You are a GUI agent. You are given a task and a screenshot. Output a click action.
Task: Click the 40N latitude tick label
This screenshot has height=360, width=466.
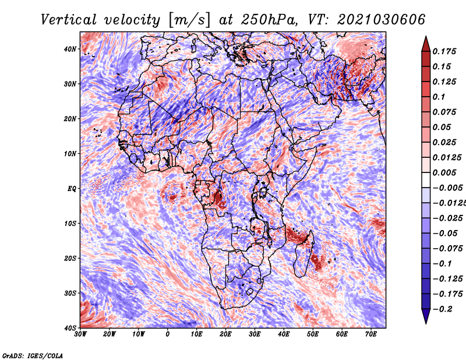click(70, 49)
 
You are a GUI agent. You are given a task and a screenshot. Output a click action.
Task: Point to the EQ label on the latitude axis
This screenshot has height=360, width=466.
click(72, 189)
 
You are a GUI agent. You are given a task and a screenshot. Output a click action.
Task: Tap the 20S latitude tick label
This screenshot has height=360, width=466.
click(70, 258)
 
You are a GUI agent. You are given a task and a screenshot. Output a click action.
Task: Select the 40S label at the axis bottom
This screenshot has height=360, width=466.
click(70, 328)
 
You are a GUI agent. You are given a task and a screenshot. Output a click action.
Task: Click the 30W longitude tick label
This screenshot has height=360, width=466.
click(80, 334)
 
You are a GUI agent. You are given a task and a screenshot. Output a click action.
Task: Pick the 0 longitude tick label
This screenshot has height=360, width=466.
click(168, 334)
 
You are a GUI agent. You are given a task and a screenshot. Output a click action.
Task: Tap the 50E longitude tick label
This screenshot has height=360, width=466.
click(313, 334)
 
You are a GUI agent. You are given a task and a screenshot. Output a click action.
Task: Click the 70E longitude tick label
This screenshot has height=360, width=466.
click(371, 334)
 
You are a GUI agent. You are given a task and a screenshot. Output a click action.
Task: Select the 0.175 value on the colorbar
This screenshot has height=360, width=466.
click(444, 51)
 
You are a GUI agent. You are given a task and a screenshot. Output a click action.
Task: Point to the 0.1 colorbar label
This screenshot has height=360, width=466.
click(439, 97)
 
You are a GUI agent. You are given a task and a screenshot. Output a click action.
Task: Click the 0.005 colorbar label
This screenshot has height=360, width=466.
click(444, 172)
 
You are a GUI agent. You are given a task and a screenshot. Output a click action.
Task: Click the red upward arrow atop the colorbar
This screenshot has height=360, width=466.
click(426, 44)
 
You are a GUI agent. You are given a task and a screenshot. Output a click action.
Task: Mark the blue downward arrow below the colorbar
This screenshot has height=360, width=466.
click(426, 316)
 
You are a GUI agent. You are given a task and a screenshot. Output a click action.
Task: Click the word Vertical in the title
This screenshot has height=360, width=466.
click(69, 20)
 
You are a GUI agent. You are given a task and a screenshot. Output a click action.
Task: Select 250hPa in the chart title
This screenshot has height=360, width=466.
click(270, 20)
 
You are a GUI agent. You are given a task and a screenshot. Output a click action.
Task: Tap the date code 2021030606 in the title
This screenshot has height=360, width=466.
click(382, 20)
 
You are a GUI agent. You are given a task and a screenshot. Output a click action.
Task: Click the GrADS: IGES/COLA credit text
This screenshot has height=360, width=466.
click(33, 355)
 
